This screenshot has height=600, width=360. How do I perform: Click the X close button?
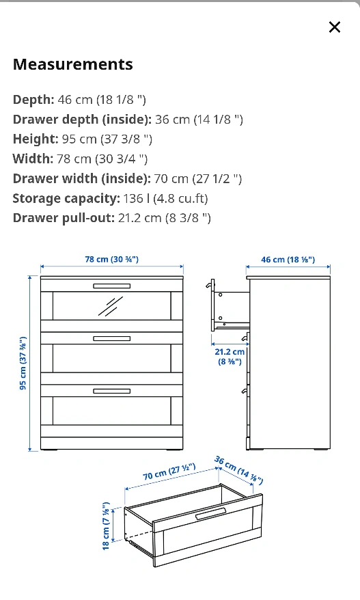(x=334, y=27)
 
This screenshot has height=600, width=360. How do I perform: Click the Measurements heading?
(x=73, y=64)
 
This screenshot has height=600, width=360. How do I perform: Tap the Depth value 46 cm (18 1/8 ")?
(x=102, y=100)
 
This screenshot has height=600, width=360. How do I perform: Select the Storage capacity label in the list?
(x=66, y=199)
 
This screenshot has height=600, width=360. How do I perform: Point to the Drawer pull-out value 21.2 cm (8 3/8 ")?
(x=165, y=218)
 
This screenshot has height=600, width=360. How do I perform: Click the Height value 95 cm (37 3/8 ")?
(x=107, y=139)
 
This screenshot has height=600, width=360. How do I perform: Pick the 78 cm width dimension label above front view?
(x=112, y=260)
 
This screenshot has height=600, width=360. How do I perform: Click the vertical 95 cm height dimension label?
(x=23, y=363)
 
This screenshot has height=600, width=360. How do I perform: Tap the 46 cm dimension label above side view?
(x=288, y=260)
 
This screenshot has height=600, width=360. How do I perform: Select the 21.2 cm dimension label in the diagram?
(x=230, y=357)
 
